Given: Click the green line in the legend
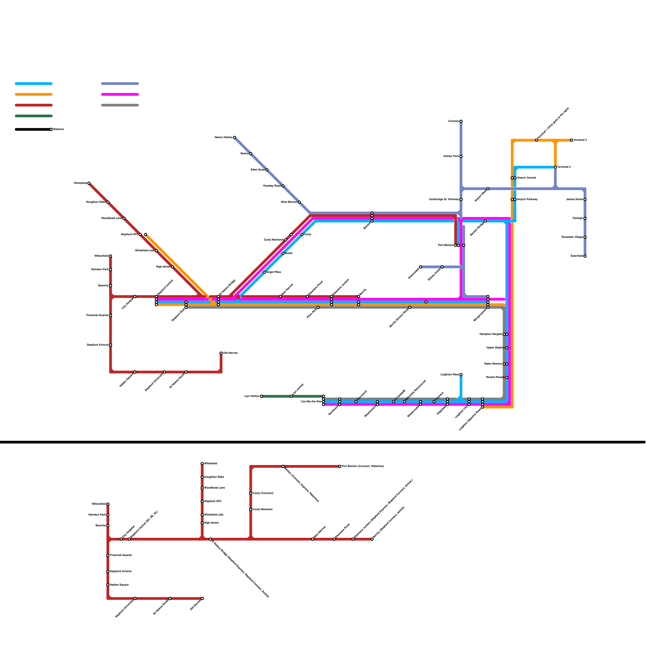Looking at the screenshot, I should (34, 116).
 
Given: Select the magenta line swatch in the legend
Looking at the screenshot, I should (120, 95).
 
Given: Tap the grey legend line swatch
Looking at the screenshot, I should (120, 105).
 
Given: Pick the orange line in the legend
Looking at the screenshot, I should (34, 95).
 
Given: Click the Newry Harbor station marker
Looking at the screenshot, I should (235, 137).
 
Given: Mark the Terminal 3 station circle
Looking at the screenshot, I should (571, 140).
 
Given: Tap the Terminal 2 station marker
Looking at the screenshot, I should (555, 167).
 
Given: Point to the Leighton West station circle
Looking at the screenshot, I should (461, 375).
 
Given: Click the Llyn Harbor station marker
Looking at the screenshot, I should (262, 396).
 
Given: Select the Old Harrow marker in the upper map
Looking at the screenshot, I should (221, 353).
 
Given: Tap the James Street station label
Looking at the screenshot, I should (574, 199).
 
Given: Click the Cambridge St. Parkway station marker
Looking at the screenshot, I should (461, 199).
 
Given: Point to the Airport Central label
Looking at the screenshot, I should (526, 178).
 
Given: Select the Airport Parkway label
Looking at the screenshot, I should (527, 199).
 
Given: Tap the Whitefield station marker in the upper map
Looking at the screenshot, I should (89, 183).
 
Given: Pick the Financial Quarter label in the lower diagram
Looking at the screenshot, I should (121, 555).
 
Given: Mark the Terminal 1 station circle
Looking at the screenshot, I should (537, 140).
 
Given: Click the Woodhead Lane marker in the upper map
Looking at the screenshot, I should (124, 218).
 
